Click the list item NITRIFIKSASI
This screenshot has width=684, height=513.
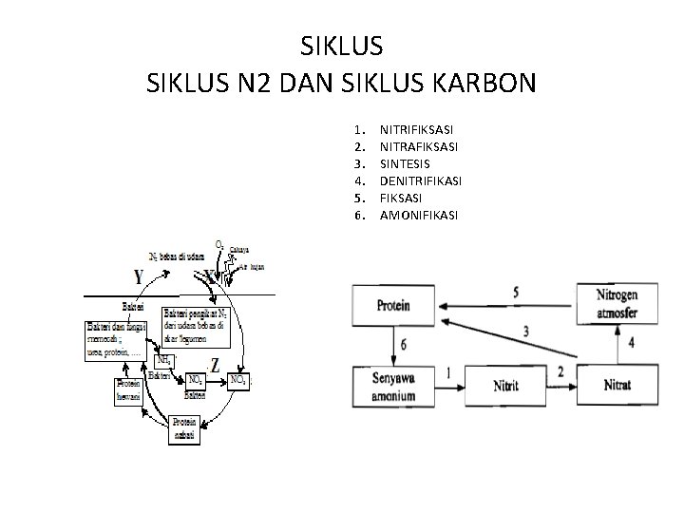tap(416, 127)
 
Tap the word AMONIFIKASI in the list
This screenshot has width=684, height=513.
tap(418, 216)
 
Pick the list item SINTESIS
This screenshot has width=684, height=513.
tap(406, 162)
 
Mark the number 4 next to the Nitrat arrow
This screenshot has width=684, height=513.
tap(630, 342)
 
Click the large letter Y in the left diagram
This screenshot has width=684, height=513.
tap(139, 277)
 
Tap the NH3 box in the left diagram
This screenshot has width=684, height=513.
tap(163, 359)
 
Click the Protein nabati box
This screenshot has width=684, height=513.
tap(184, 427)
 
